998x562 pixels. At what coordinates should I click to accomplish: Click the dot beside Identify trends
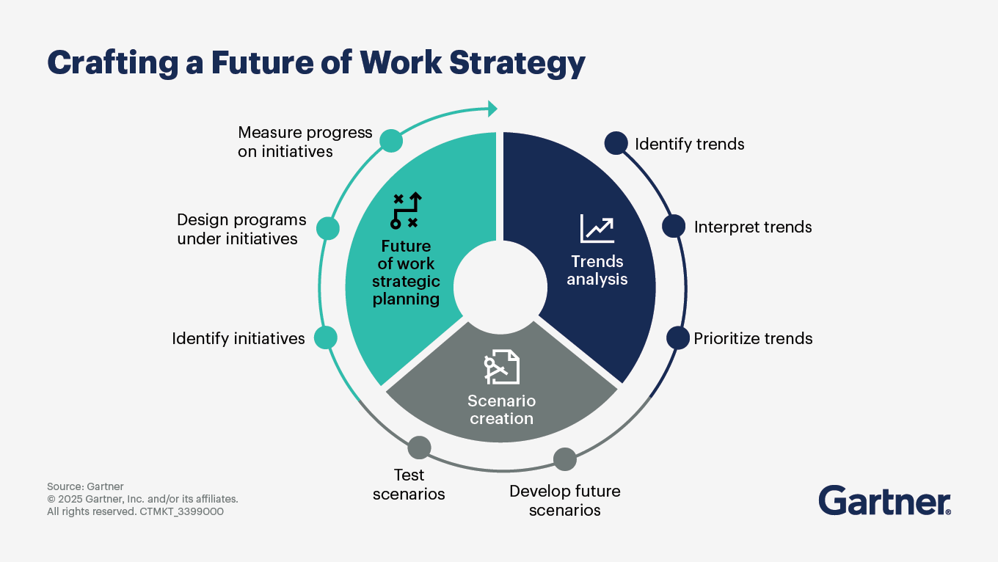[616, 143]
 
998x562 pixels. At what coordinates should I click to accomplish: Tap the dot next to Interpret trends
[674, 226]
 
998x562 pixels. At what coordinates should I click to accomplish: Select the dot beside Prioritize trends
[678, 338]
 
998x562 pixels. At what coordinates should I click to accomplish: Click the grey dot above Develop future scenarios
[565, 459]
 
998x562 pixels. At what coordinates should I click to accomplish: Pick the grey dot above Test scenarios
[419, 448]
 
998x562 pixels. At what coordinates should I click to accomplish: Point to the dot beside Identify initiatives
[326, 337]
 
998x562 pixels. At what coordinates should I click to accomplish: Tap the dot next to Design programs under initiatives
[328, 228]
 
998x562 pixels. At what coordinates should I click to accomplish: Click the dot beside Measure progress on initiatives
[391, 141]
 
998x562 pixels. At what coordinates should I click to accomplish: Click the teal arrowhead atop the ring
[492, 109]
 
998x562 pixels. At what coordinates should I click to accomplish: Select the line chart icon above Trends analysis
[597, 228]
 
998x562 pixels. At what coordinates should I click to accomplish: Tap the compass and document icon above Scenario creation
[502, 367]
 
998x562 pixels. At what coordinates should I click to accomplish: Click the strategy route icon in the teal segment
[406, 210]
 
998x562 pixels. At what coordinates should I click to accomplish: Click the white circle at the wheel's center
[500, 287]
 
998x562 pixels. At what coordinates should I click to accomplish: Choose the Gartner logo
[885, 500]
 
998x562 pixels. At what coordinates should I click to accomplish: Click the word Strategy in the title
[517, 63]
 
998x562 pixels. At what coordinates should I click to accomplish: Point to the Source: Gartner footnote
[85, 486]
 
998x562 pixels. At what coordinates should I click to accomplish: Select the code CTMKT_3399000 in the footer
[182, 511]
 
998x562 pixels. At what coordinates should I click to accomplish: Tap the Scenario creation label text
[502, 409]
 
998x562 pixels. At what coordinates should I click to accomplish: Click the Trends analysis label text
[597, 270]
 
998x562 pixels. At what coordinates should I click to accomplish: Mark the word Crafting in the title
[113, 63]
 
